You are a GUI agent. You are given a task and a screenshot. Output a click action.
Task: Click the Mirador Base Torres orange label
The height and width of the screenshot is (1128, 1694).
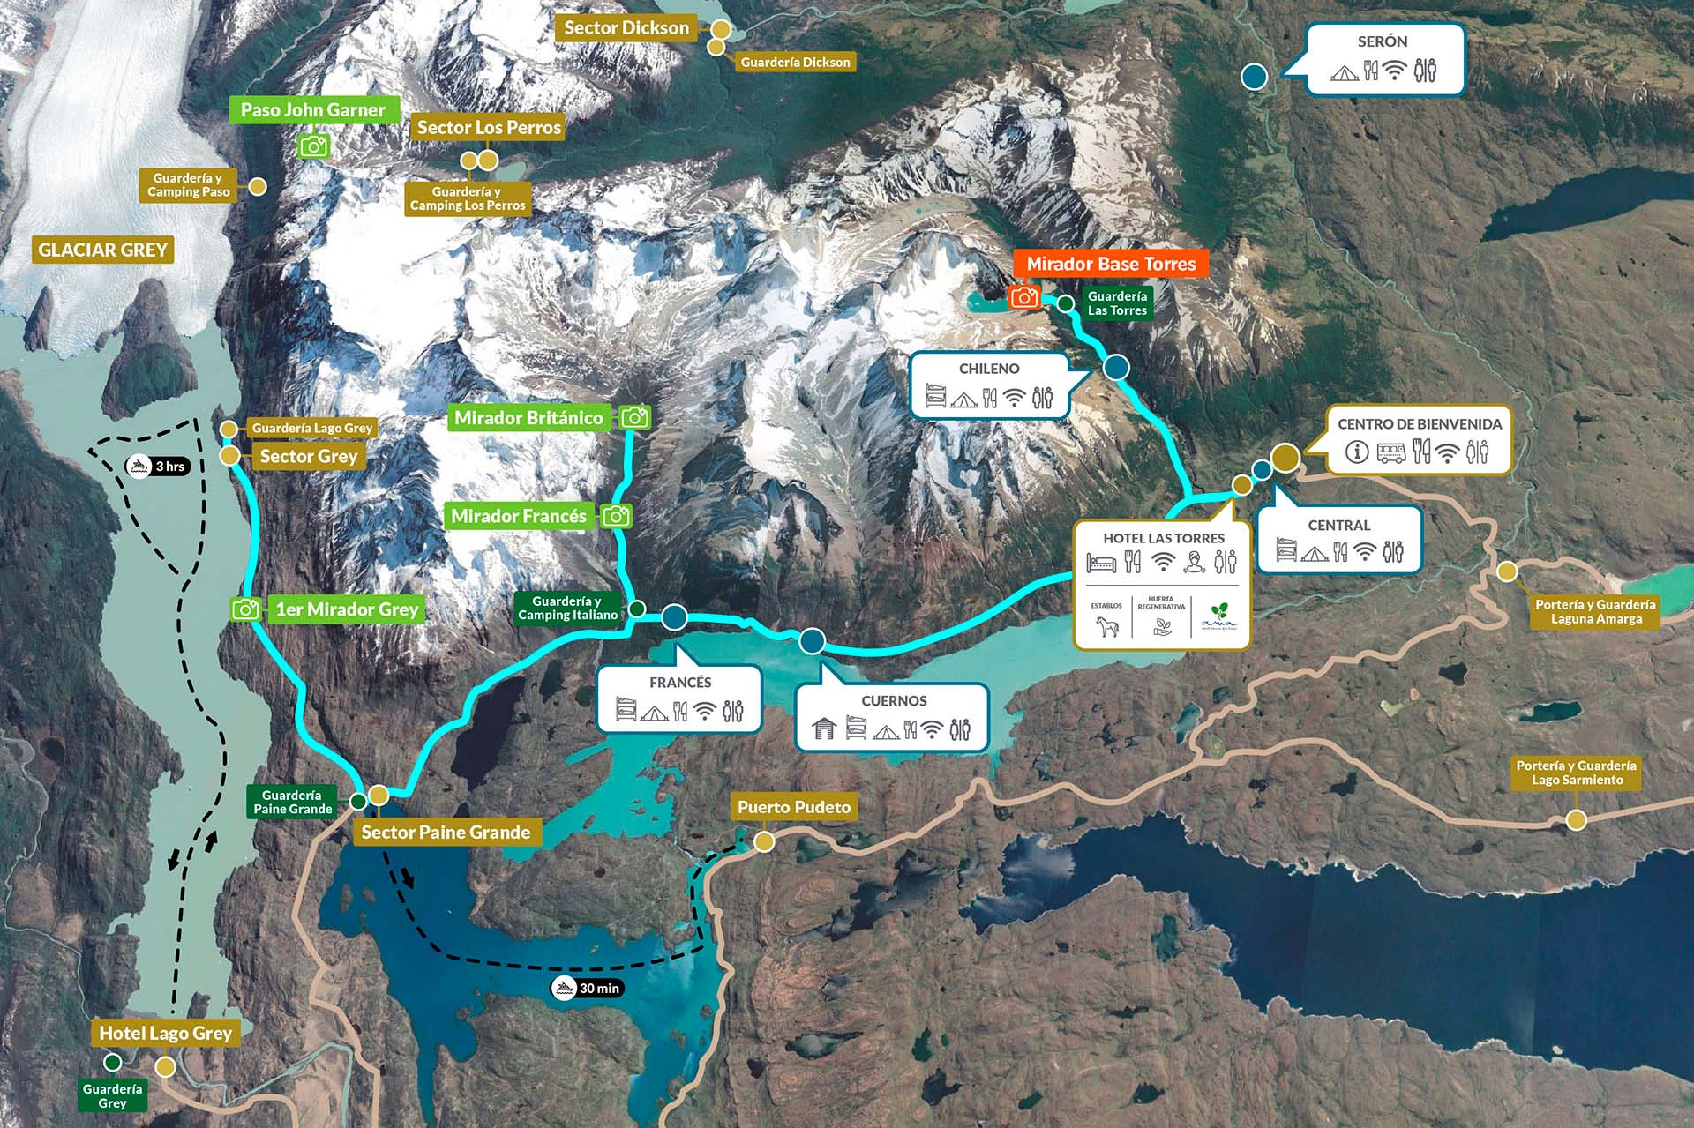point(1111,264)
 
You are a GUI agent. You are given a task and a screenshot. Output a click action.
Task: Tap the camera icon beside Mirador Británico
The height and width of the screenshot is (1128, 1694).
point(635,417)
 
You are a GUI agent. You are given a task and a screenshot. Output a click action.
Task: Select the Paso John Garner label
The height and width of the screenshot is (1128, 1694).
point(312,110)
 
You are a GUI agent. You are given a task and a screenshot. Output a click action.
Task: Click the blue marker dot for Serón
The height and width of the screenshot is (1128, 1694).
point(1254,77)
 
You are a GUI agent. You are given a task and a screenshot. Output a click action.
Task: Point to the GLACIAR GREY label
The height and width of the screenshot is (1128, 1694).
point(102,250)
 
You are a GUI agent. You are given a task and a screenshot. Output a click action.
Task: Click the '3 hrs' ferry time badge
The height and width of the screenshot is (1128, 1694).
point(159,466)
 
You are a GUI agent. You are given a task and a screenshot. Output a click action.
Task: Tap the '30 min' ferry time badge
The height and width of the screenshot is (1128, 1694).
point(588,988)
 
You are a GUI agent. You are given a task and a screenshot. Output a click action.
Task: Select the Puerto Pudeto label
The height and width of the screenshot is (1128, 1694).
point(794,807)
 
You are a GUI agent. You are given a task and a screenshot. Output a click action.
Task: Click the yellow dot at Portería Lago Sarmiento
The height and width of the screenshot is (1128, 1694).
point(1576,820)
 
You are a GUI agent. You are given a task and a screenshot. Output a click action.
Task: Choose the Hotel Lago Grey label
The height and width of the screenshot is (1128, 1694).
point(165,1033)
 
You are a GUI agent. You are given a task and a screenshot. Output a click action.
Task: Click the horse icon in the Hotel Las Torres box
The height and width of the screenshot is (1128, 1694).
point(1106,627)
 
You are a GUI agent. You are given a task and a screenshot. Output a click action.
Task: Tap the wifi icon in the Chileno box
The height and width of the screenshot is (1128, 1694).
point(1015,399)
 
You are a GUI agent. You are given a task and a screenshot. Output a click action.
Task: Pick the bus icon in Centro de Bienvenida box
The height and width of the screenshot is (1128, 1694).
point(1390,452)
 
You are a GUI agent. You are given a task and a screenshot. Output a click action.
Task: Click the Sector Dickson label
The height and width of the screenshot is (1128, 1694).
point(626,28)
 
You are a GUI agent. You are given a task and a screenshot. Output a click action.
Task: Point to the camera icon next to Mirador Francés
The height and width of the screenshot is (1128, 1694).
point(617,516)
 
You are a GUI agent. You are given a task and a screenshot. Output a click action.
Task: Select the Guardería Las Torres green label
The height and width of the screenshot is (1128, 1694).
point(1117,303)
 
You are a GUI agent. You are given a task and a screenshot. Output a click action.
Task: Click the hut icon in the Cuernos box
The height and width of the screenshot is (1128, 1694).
point(823,728)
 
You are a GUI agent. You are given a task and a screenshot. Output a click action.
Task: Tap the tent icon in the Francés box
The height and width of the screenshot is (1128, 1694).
point(654,712)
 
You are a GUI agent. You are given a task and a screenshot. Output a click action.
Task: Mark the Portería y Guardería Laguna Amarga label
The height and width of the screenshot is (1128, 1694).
point(1595,611)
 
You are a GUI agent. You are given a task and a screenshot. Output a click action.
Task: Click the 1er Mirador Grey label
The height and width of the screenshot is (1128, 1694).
point(347,609)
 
